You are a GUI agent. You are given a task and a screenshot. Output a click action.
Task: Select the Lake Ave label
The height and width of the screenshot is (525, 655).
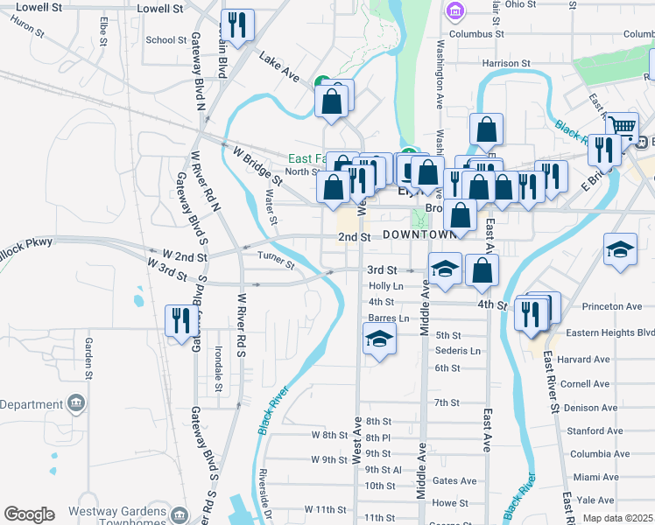(x=279, y=67)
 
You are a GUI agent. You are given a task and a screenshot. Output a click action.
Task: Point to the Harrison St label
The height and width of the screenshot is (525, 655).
(x=508, y=63)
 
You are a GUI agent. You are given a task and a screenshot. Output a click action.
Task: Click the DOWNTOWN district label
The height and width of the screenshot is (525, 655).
(x=419, y=235)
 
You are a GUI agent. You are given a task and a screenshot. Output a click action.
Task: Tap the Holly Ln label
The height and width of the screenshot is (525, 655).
(x=385, y=285)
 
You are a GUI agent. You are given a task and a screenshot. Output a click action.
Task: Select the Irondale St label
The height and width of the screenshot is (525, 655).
(x=218, y=368)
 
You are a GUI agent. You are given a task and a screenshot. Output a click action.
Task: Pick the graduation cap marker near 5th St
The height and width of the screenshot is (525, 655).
(x=379, y=338)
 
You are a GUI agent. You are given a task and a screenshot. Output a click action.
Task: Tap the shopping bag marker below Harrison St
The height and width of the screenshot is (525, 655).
(x=485, y=129)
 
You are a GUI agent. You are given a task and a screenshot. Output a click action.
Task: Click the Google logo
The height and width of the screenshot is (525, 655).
(x=28, y=514)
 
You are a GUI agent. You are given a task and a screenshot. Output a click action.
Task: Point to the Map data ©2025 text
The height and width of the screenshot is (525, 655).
(x=618, y=518)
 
